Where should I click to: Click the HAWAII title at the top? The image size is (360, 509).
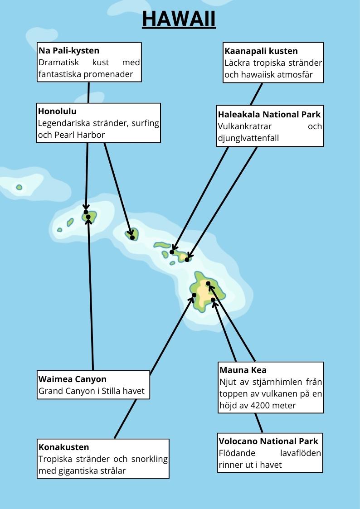(179, 19)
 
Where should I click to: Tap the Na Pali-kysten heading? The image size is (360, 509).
(69, 50)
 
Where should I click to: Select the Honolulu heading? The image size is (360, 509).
(57, 111)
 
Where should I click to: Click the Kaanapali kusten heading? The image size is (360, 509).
(261, 51)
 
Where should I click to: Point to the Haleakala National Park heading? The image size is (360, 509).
(269, 114)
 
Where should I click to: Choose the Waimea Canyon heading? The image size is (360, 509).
(73, 379)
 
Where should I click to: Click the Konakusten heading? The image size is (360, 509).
(64, 447)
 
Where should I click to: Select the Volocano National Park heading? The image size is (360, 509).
(268, 441)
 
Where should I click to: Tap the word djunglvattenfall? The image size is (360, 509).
(248, 138)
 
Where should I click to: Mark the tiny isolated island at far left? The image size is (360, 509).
(19, 187)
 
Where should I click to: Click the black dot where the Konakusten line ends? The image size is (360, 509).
(194, 295)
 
